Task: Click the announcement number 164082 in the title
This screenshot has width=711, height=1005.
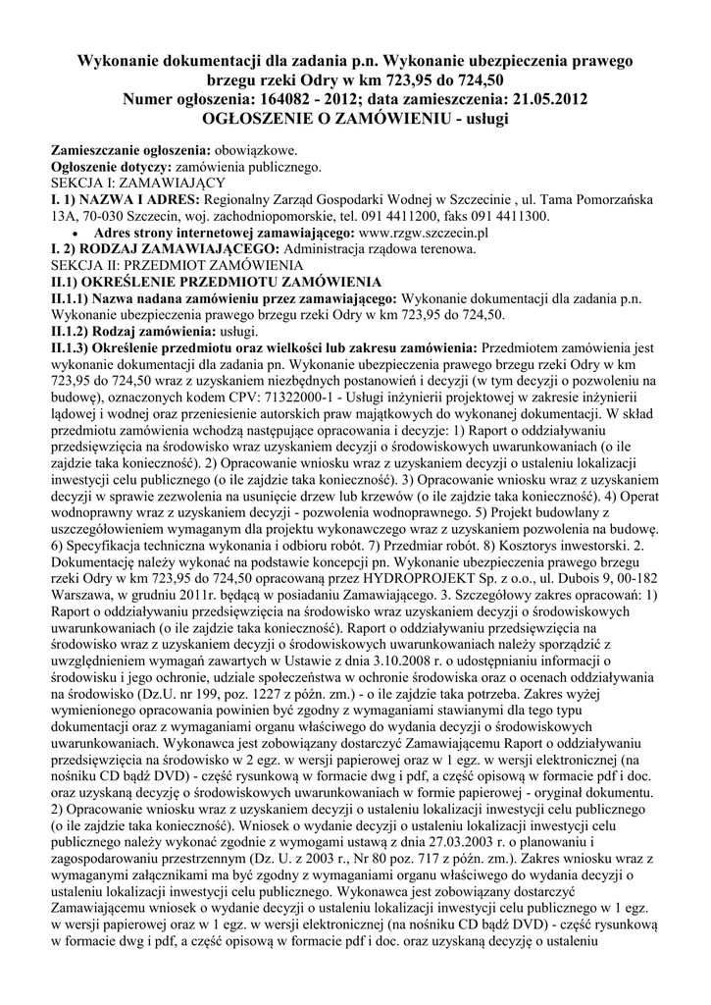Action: tap(298, 98)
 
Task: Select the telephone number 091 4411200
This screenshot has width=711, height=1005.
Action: tap(401, 216)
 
